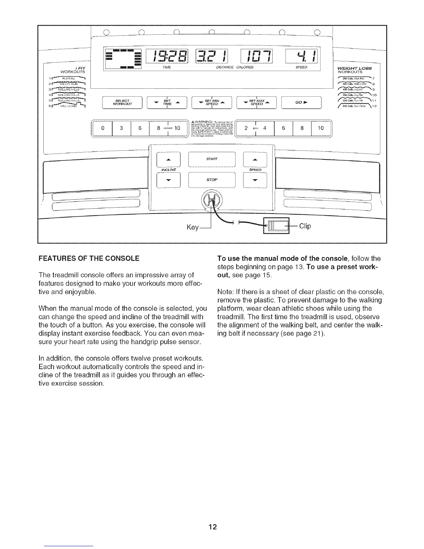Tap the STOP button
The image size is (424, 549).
pos(212,180)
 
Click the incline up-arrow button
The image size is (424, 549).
pos(169,160)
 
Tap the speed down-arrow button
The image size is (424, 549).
pos(255,180)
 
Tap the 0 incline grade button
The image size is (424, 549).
pos(103,128)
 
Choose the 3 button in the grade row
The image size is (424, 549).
pos(122,128)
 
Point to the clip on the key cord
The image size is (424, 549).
pos(276,226)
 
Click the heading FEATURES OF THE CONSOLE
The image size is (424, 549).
pos(89,259)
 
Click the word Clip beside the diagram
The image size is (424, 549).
pos(305,226)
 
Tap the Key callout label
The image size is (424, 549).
pos(193,227)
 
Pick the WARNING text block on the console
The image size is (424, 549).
pos(211,129)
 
